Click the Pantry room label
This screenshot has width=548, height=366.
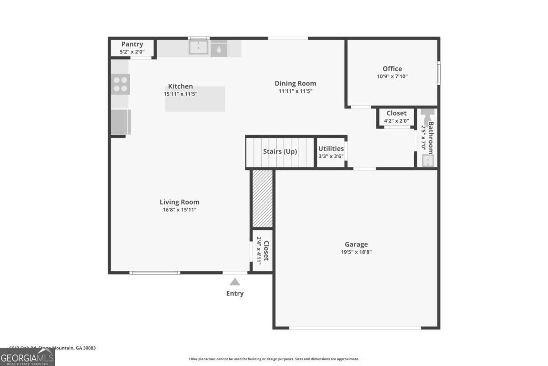[x=132, y=44]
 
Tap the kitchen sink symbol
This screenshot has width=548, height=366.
[x=199, y=48]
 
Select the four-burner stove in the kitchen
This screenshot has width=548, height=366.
[x=121, y=84]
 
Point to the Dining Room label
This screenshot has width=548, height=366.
[x=295, y=83]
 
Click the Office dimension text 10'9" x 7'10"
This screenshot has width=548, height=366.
[x=392, y=76]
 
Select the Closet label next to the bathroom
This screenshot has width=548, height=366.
[x=396, y=113]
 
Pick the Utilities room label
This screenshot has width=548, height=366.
[x=331, y=149]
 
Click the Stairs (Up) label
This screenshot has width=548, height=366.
[x=280, y=151]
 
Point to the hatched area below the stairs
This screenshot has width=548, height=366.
[x=263, y=198]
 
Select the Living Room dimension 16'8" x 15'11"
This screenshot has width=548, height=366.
[x=179, y=210]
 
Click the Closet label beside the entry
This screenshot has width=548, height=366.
[x=266, y=251]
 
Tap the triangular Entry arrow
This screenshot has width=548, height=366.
[x=235, y=282]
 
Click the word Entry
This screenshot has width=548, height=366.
[x=235, y=294]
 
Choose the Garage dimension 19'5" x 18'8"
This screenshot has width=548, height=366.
[x=356, y=252]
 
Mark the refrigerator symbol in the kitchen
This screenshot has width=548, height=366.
[x=121, y=122]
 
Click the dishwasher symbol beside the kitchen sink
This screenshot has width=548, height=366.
[x=219, y=48]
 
